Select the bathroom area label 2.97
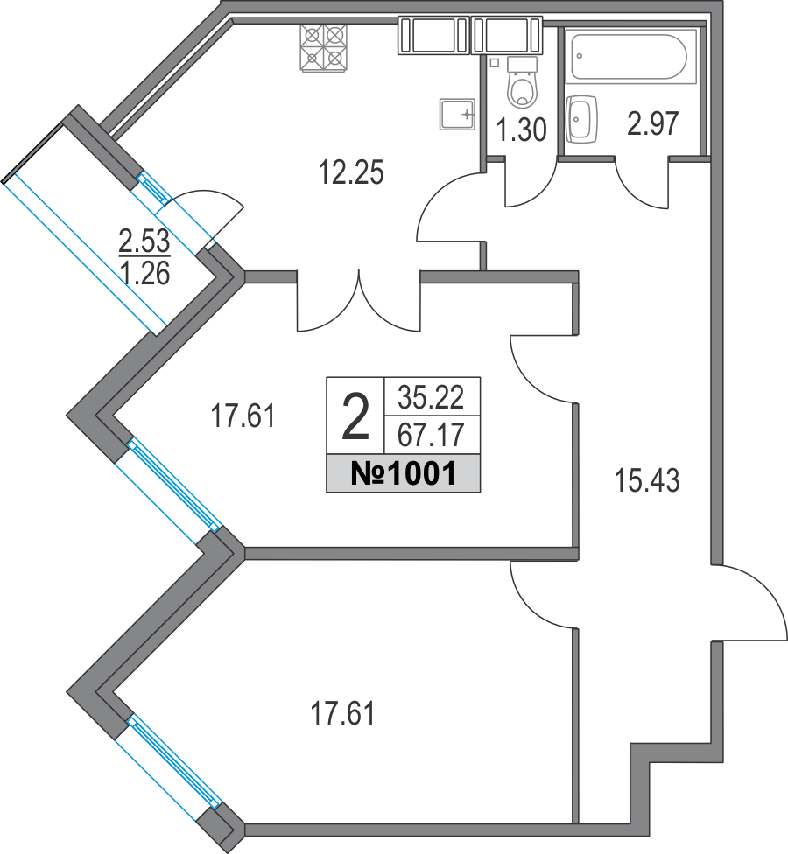tap(653, 124)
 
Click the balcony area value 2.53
tap(144, 237)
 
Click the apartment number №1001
tap(402, 474)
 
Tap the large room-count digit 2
tap(355, 417)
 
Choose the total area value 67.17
tap(430, 433)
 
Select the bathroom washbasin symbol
tap(580, 119)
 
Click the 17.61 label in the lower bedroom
tap(343, 714)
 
